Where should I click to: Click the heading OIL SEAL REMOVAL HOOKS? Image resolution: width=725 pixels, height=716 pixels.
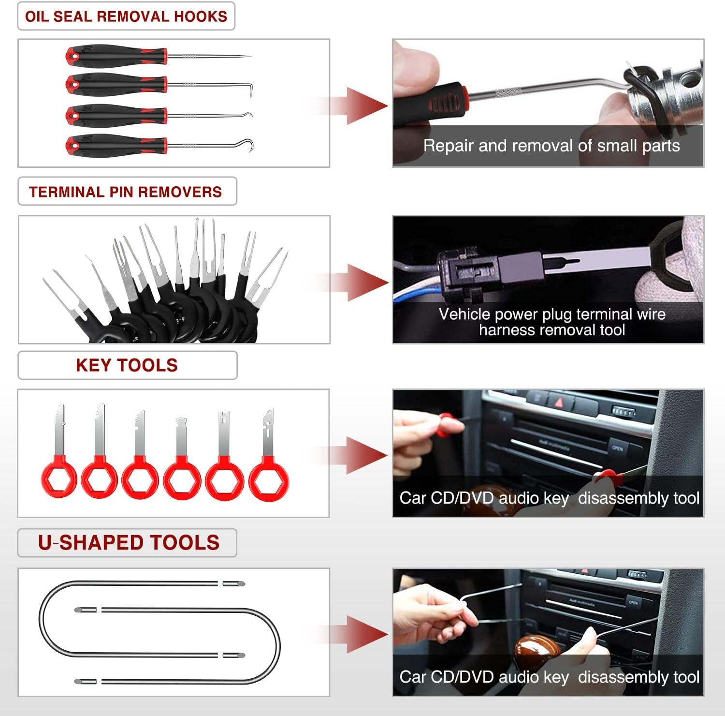coord(126,16)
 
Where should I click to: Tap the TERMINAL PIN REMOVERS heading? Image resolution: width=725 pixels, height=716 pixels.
coord(126,192)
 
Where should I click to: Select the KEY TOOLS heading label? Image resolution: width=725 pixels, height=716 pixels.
coord(127,365)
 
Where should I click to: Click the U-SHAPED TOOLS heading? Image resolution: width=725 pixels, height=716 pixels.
coord(129,543)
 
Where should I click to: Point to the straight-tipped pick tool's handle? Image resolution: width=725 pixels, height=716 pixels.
coord(116,56)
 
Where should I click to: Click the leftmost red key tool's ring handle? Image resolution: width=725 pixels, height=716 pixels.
coord(59,478)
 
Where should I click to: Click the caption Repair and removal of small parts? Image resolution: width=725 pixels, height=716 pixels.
coord(551,146)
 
